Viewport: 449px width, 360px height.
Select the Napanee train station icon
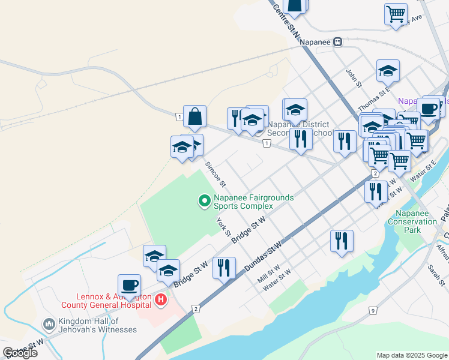pyautogui.click(x=339, y=41)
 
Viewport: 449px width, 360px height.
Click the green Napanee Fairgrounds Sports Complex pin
pyautogui.click(x=204, y=200)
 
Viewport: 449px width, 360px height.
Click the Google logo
pyautogui.click(x=20, y=353)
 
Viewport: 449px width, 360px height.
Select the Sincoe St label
pyautogui.click(x=214, y=173)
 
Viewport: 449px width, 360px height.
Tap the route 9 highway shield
pyautogui.click(x=373, y=310)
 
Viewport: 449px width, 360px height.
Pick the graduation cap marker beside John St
pyautogui.click(x=388, y=71)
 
